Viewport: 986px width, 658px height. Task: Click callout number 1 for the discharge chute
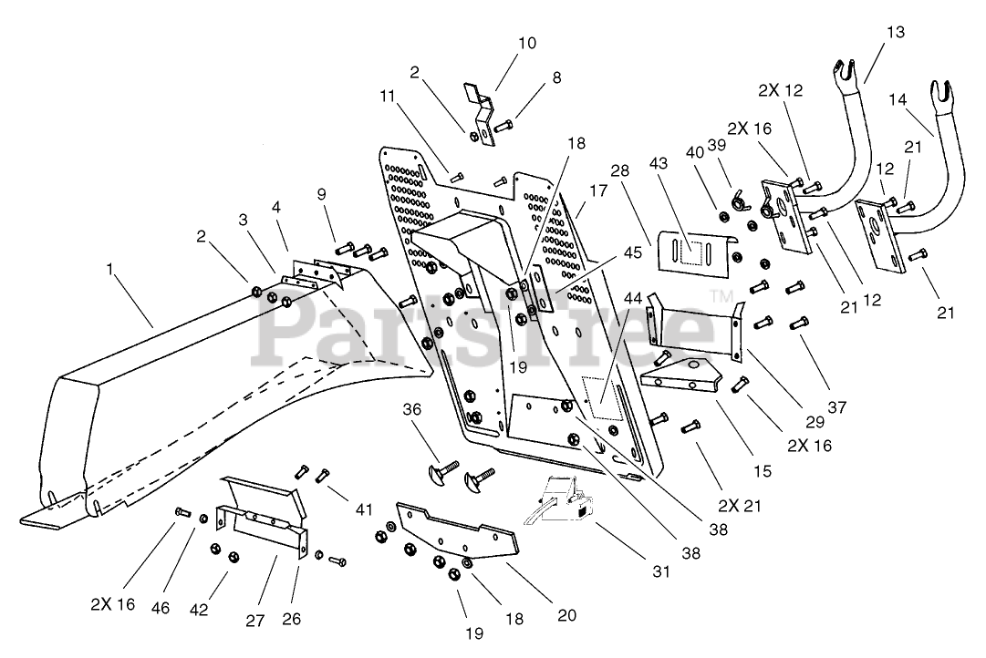[110, 269]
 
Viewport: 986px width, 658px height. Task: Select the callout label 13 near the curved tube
[896, 32]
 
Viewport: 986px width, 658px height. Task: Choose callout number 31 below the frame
[661, 571]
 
